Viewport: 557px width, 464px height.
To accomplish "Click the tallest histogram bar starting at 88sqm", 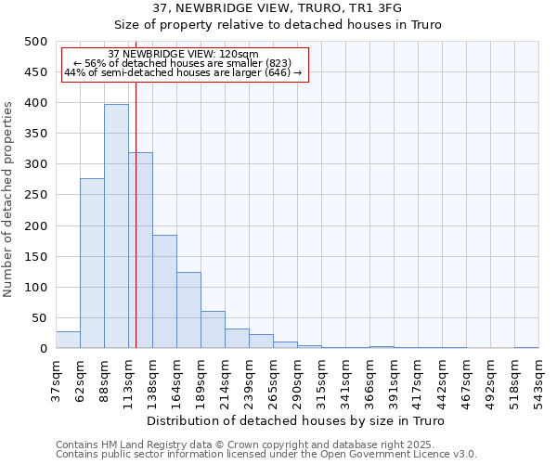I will point(116,226).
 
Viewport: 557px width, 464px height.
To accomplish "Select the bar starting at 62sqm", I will point(92,264).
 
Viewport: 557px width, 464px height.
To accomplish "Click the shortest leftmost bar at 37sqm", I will point(68,341).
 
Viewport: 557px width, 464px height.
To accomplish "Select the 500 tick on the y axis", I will point(35,42).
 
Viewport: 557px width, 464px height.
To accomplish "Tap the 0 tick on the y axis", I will point(43,349).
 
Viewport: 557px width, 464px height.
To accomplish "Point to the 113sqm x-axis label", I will point(128,379).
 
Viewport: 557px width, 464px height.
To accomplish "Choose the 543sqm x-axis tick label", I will point(538,379).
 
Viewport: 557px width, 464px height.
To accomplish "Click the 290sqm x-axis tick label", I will point(297,379).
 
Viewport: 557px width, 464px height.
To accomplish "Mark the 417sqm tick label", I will point(418,379).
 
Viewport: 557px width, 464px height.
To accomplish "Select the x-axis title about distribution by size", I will point(297,421).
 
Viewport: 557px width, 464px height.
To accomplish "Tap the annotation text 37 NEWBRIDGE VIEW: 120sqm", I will point(183,54).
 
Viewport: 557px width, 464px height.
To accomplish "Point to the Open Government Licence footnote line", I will point(266,455).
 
